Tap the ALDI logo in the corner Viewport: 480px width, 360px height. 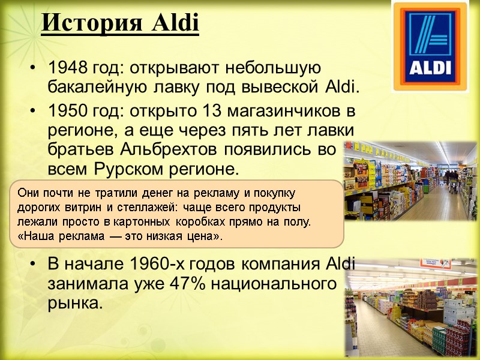tap(430, 47)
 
